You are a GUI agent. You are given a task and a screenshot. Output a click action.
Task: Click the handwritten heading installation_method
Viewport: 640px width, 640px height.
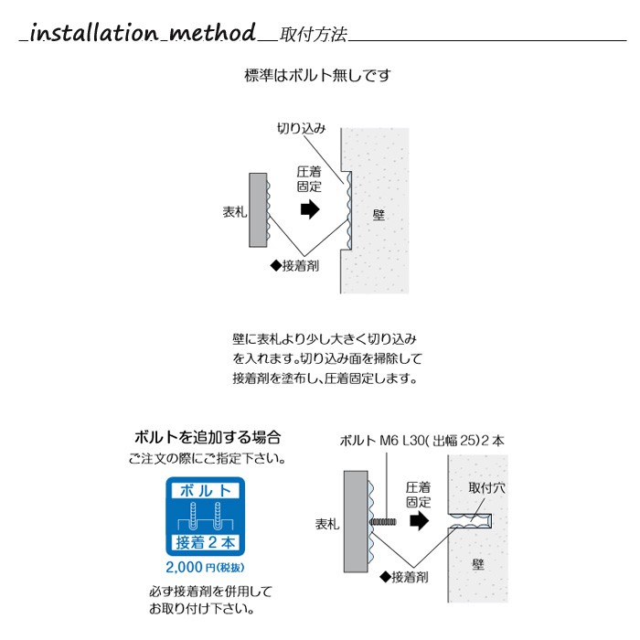click(x=139, y=33)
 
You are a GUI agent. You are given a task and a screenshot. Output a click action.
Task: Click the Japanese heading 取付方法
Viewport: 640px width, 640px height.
click(x=314, y=35)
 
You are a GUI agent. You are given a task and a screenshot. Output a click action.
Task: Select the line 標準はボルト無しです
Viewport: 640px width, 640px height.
click(x=317, y=76)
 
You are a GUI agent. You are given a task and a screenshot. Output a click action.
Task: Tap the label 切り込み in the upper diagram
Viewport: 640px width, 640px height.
click(x=301, y=129)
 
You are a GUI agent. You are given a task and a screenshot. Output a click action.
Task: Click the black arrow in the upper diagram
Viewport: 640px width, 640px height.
click(x=310, y=209)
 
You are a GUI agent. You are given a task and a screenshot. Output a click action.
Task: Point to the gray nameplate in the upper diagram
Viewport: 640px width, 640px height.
click(x=258, y=209)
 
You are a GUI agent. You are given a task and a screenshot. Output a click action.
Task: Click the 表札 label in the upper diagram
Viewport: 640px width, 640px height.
click(x=235, y=212)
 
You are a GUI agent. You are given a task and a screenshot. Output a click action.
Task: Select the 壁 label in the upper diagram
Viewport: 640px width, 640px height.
click(x=379, y=215)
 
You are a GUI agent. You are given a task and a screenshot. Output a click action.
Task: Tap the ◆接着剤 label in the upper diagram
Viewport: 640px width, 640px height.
click(x=294, y=266)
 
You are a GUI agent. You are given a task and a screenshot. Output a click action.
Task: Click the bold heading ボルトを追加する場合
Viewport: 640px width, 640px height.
click(x=208, y=437)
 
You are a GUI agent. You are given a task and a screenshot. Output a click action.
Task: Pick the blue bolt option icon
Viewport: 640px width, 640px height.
click(x=206, y=517)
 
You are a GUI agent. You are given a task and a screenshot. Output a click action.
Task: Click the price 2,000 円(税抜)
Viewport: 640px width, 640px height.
click(x=205, y=568)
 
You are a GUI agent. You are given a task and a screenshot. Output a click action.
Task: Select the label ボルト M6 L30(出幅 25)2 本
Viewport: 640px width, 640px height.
click(x=422, y=441)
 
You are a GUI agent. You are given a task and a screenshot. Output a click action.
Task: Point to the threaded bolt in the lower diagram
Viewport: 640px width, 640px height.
click(x=383, y=522)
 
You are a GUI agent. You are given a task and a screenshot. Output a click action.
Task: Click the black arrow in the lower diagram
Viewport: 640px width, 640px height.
click(x=420, y=521)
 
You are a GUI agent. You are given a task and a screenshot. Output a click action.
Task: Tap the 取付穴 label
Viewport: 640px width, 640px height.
click(x=486, y=487)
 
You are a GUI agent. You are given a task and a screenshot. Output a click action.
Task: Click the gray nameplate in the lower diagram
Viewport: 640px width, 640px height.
click(x=356, y=522)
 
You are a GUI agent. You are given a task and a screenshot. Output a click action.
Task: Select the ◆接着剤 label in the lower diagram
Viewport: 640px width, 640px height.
click(x=404, y=577)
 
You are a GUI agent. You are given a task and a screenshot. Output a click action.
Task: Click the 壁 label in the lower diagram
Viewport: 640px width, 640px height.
click(x=478, y=565)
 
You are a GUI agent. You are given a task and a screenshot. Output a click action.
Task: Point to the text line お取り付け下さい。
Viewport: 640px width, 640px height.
click(x=202, y=610)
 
